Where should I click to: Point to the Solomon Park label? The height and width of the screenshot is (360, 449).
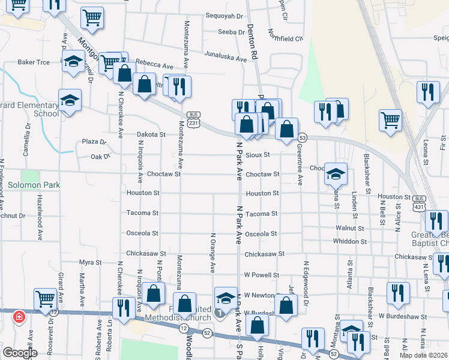[34, 185]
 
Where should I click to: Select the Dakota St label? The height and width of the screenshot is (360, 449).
[151, 135]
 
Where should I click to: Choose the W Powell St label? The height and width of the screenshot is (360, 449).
[262, 275]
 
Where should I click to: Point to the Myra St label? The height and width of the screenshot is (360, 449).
[91, 262]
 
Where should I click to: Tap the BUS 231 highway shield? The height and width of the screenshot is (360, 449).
[193, 119]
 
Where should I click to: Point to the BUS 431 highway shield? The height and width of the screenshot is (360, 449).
[419, 202]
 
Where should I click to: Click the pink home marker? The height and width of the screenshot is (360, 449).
[19, 316]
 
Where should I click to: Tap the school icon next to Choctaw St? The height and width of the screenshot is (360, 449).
[336, 174]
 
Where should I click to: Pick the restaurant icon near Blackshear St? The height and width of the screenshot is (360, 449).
[398, 293]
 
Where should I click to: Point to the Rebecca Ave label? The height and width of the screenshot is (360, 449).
[154, 62]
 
